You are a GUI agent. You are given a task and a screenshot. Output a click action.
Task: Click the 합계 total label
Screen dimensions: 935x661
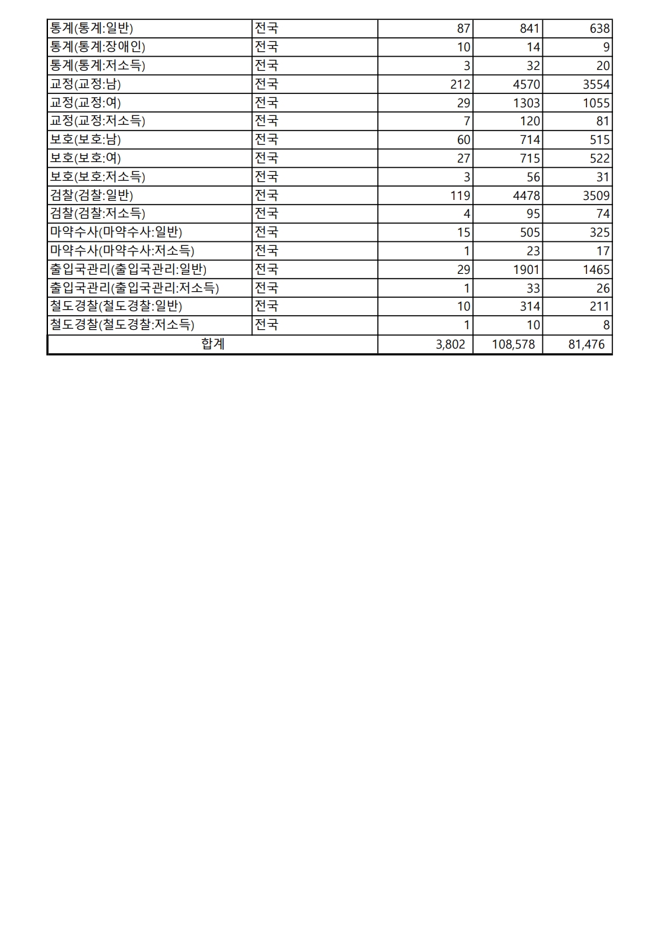coord(213,345)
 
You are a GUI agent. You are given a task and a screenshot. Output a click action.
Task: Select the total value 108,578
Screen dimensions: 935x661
coord(513,345)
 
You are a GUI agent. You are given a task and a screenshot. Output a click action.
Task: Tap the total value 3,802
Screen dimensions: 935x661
coord(450,345)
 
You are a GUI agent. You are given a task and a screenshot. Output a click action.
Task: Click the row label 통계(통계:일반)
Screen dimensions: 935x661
coord(91,29)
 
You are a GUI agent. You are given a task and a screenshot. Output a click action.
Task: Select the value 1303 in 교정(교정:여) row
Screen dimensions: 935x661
coord(526,103)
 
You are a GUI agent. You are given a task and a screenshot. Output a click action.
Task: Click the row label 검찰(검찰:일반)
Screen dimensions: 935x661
coord(91,195)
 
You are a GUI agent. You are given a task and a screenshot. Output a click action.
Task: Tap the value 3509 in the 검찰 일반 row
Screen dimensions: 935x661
coord(595,195)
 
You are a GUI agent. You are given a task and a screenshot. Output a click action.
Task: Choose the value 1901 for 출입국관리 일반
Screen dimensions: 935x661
coord(526,269)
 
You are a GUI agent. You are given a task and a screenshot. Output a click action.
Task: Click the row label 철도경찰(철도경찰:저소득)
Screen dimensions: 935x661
coord(122,325)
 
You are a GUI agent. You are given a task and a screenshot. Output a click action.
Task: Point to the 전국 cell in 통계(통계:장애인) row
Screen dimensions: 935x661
coord(267,47)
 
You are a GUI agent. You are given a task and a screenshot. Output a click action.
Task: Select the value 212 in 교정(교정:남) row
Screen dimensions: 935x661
coord(460,84)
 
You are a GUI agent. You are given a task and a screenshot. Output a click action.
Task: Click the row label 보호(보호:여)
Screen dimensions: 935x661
coord(85,158)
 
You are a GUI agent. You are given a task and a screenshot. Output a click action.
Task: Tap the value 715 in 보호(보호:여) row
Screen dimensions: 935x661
coord(530,158)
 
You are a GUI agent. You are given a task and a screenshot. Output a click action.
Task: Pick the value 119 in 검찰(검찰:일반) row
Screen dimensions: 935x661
coord(460,195)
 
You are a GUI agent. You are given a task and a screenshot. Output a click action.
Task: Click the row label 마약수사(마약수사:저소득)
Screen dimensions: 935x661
coord(122,251)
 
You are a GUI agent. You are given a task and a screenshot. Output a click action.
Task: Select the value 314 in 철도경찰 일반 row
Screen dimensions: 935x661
coord(530,307)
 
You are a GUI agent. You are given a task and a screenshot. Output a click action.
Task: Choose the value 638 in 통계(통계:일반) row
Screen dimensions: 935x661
coord(600,29)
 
